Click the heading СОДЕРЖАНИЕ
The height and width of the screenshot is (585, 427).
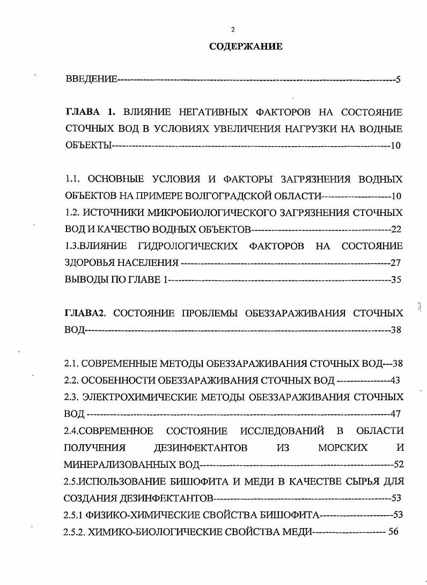pos(245,47)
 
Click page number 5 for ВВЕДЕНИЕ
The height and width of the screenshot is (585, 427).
pos(398,80)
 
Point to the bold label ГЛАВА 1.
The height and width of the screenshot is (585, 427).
pos(90,112)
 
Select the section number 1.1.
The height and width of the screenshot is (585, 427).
pos(72,178)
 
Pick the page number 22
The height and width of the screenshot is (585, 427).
pos(396,229)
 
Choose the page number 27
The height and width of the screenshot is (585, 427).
pos(395,263)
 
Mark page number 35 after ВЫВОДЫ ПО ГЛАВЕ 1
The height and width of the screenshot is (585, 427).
pos(396,279)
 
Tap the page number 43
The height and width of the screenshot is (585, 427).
pos(395,380)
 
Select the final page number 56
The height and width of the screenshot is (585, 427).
pos(395,531)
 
